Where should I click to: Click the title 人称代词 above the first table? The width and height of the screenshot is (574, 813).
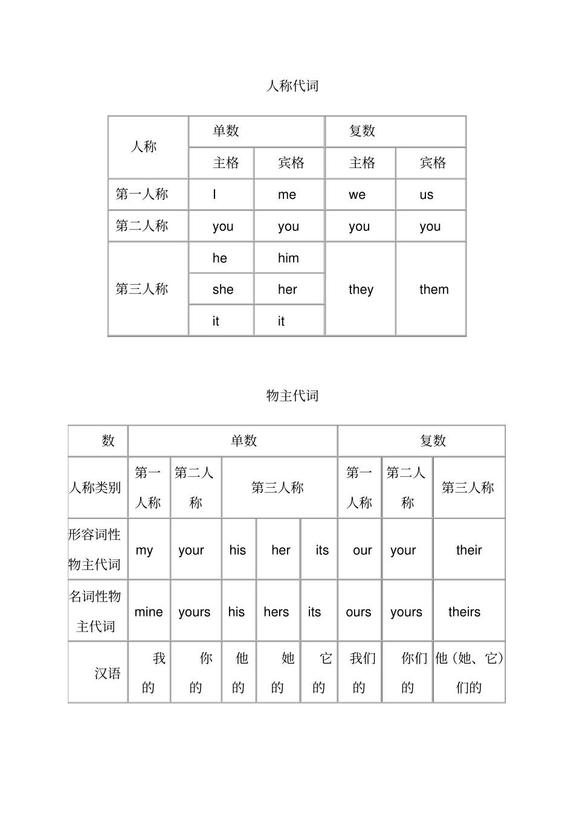click(x=292, y=86)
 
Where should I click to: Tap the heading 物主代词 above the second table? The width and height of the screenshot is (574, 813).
click(x=292, y=396)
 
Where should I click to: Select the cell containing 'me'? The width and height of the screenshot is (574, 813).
click(x=287, y=195)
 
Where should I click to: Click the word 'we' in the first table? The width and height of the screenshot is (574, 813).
click(x=357, y=195)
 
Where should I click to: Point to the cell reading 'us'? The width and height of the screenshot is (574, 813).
click(x=427, y=195)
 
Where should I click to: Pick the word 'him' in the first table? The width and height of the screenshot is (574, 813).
click(x=288, y=258)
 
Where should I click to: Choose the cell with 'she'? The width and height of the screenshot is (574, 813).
click(x=223, y=290)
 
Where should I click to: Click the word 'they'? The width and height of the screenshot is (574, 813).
click(x=361, y=290)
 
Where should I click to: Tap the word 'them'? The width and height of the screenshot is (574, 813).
click(x=434, y=290)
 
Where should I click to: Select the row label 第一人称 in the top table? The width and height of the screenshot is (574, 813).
click(x=142, y=194)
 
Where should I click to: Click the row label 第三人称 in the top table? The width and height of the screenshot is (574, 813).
click(x=142, y=289)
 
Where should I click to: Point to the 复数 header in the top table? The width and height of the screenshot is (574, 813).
click(x=363, y=131)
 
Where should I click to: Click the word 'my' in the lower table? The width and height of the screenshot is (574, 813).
click(x=144, y=550)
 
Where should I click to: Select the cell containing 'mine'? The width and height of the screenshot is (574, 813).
click(x=149, y=612)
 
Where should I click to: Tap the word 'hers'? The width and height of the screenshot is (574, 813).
click(x=276, y=612)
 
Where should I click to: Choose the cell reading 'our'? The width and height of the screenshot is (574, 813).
click(x=363, y=550)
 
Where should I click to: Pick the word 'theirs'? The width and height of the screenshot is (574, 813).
click(x=464, y=612)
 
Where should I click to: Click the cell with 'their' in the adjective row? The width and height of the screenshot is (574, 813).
click(x=469, y=550)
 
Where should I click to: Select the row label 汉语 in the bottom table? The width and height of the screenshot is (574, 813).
click(x=108, y=673)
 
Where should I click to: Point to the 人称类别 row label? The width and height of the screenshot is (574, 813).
click(x=95, y=487)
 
